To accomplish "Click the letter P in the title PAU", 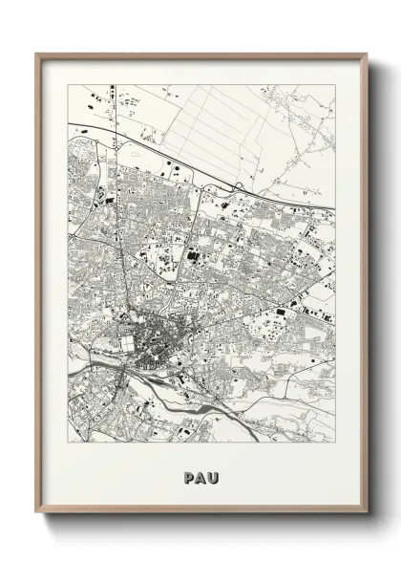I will point(188,475).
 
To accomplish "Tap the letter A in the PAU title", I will point(200,475).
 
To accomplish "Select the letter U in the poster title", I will point(213,475).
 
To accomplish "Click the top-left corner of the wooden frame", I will point(36,54).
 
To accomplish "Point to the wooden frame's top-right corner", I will point(367,54).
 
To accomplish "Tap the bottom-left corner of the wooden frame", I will point(36,512).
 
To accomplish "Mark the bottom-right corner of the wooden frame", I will point(367,512).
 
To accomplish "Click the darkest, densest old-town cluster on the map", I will point(153,349).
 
